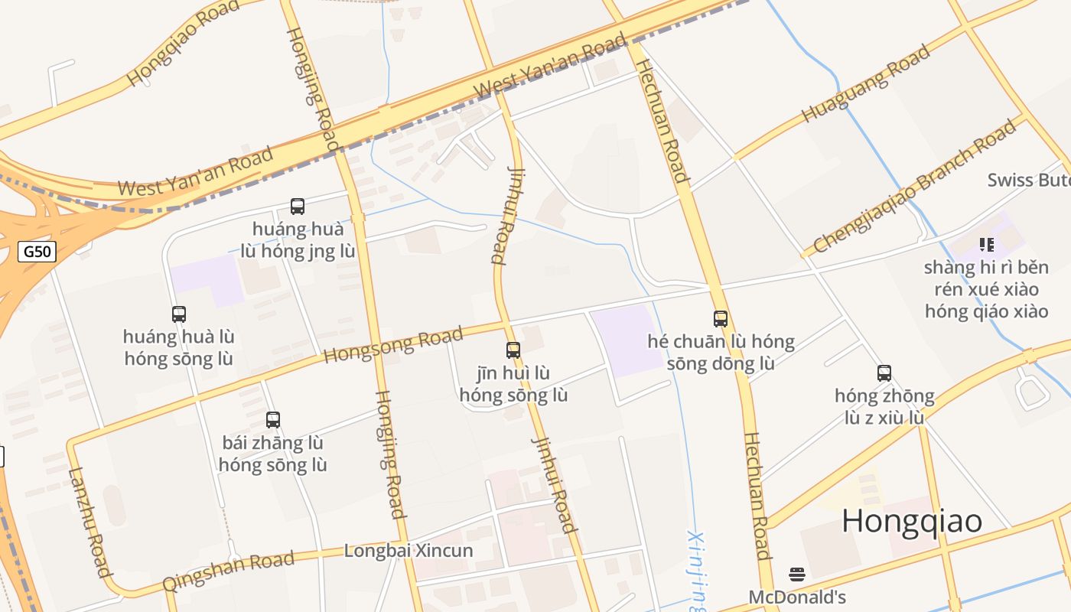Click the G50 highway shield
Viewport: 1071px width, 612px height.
[x=37, y=251]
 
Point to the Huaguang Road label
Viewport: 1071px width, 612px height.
[x=866, y=83]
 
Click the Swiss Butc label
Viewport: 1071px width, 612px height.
[x=1028, y=180]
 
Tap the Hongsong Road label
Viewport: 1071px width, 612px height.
[x=393, y=345]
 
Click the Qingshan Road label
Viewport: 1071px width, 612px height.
[x=228, y=571]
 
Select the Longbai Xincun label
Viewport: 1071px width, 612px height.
[x=409, y=551]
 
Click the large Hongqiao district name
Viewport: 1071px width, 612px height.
[x=912, y=521]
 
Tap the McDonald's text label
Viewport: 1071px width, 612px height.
[x=797, y=597]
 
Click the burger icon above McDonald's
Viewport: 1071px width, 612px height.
[x=797, y=575]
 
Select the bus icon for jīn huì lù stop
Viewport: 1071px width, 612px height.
[x=513, y=350]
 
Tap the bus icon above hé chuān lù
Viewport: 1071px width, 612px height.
[x=721, y=318]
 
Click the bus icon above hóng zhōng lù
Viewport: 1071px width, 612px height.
[x=884, y=373]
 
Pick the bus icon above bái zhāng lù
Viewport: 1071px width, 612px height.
[x=273, y=419]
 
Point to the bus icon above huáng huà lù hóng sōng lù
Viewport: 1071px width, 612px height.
[x=179, y=314]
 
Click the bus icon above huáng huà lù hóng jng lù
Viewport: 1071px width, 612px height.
[x=298, y=206]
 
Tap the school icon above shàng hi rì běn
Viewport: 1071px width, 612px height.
[x=987, y=245]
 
